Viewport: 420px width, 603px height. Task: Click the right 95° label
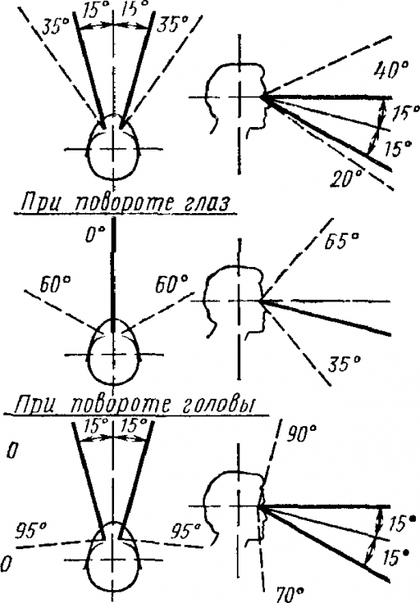(189, 531)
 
